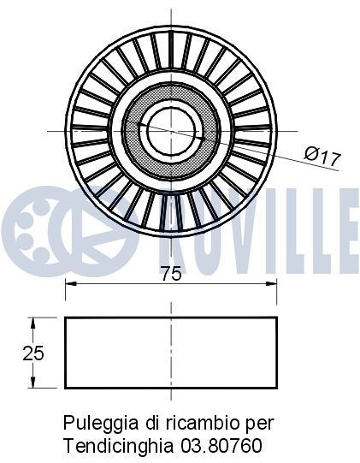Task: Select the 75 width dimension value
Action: point(172,274)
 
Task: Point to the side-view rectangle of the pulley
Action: point(171,353)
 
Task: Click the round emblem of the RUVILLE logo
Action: point(37,223)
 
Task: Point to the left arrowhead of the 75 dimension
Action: point(71,288)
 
